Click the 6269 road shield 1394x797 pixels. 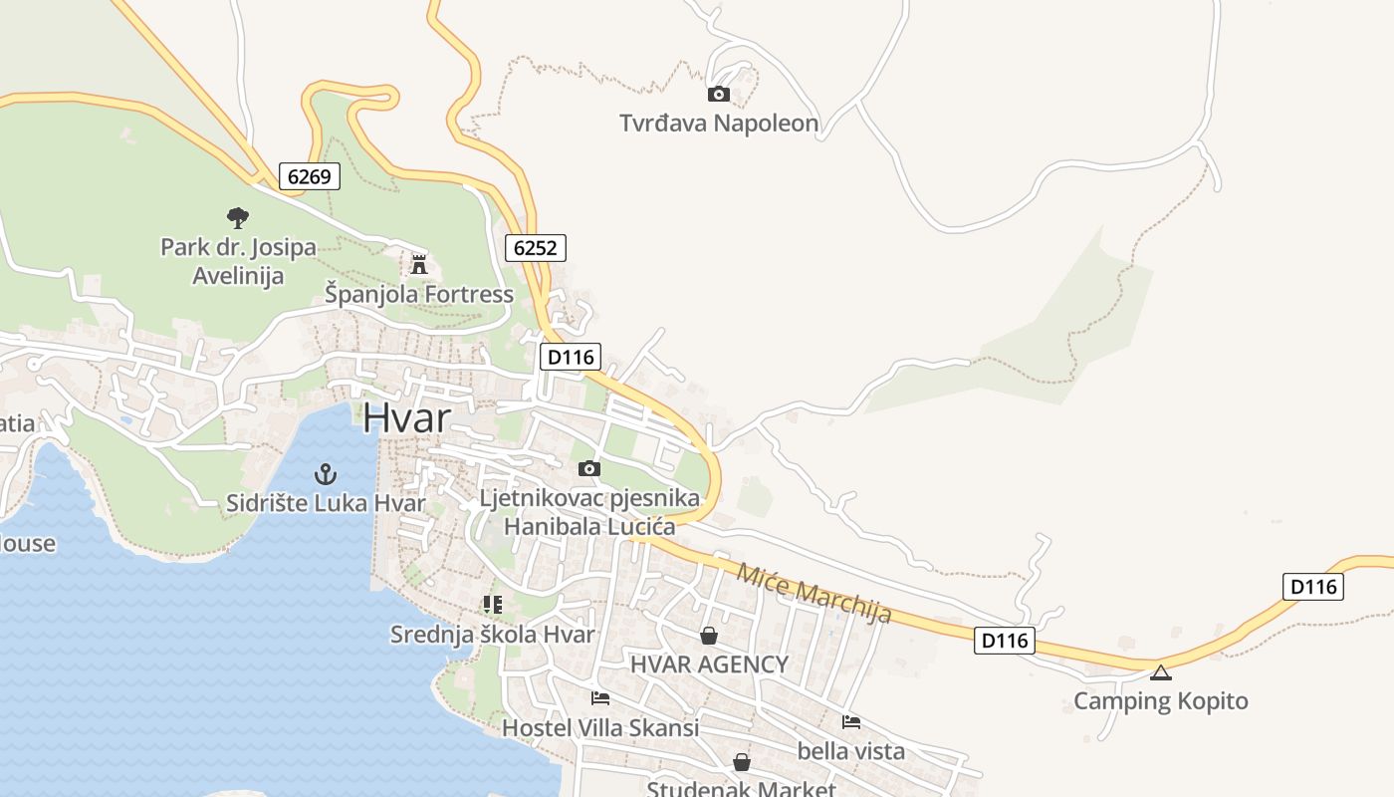click(310, 176)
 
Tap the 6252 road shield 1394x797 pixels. click(535, 247)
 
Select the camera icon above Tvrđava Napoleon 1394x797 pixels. click(718, 95)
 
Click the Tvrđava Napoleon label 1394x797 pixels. click(719, 124)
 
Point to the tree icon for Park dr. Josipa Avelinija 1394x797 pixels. click(237, 216)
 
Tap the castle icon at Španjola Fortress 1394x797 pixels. click(419, 265)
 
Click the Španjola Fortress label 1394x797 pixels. click(419, 294)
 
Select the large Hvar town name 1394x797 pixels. click(406, 417)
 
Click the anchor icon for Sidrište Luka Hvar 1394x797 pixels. click(325, 473)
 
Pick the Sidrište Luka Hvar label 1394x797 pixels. click(326, 503)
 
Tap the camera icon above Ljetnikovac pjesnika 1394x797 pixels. click(589, 468)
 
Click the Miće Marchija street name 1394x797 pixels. click(813, 593)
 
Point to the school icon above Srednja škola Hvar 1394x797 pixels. click(492, 604)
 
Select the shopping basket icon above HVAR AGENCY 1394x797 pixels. click(709, 635)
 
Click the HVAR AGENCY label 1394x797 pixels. click(709, 664)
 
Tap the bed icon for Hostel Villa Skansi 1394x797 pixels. click(599, 698)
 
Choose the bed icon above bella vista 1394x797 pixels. click(850, 721)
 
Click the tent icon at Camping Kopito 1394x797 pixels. click(1160, 672)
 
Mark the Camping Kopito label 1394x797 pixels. click(1160, 701)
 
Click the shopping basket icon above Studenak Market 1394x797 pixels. click(742, 762)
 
